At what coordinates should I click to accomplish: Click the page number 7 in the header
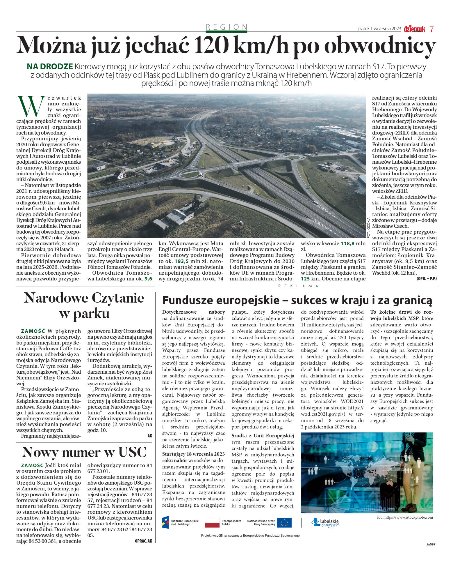tap(431, 29)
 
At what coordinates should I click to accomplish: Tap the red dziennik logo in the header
tap(414, 29)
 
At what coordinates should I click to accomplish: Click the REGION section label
tap(226, 27)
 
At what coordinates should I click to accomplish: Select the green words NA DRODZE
tap(50, 66)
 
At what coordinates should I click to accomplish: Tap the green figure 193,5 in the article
tap(181, 261)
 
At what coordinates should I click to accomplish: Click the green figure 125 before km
tap(305, 279)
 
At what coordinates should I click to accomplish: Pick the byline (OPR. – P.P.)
tap(426, 279)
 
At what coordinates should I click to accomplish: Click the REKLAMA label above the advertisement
tap(298, 286)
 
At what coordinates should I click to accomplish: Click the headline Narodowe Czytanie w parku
tap(84, 305)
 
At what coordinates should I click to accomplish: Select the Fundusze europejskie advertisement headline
tap(297, 300)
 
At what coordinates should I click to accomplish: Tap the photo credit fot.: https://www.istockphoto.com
tap(405, 517)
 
